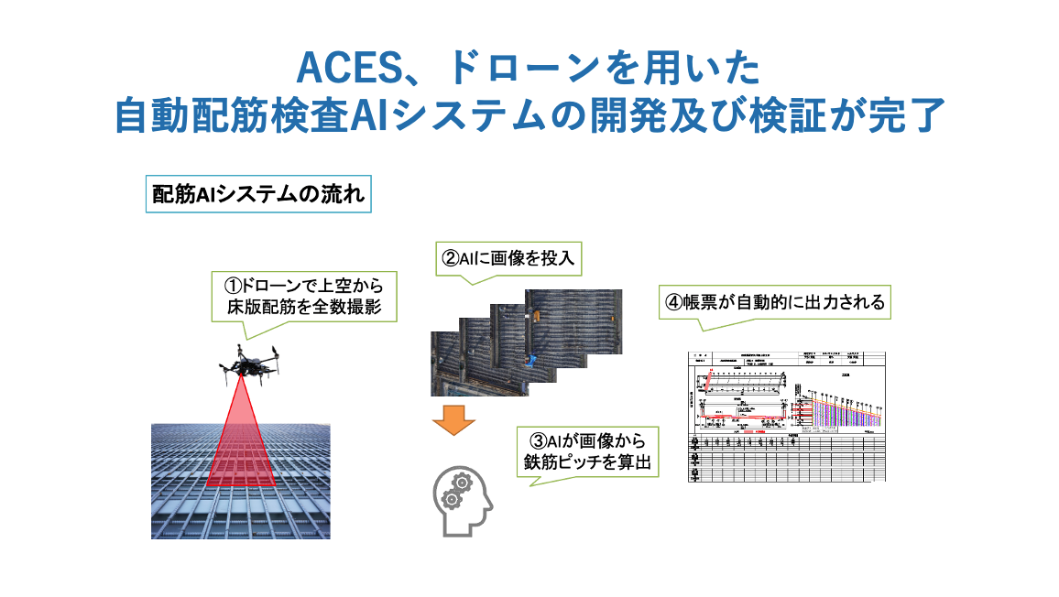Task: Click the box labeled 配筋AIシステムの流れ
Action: tap(258, 195)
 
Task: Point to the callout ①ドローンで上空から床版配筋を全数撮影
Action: tap(305, 296)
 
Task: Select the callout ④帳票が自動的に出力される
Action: tap(775, 303)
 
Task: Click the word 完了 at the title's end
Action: tap(902, 117)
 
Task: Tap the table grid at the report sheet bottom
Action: tap(787, 458)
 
